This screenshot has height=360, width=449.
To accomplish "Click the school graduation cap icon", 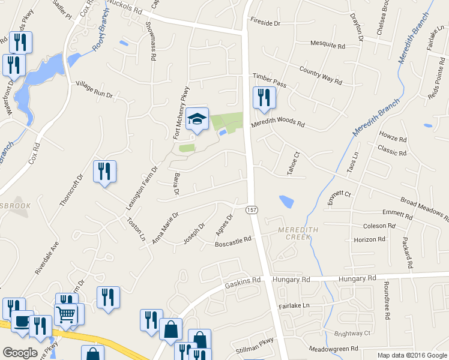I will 196,119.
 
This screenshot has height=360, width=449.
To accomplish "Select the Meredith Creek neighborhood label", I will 294,233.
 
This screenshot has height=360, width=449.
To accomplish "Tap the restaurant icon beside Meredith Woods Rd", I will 264,98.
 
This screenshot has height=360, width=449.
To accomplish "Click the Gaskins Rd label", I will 243,280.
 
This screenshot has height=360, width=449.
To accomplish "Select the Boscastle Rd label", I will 232,242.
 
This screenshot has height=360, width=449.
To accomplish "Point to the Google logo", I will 20,353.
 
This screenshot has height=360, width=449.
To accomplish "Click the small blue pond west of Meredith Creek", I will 287,202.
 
